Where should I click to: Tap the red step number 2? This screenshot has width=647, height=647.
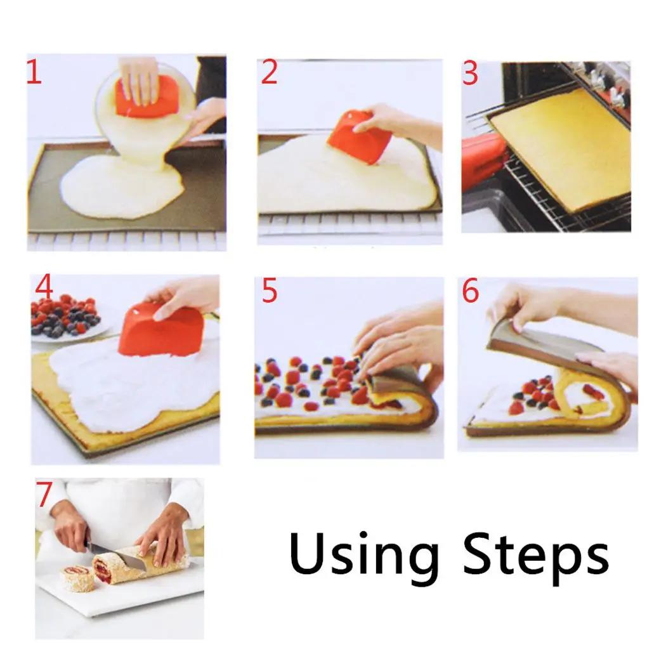tap(269, 73)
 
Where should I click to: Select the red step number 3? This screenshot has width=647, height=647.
tap(470, 74)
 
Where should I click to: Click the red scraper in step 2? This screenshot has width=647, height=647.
tap(358, 136)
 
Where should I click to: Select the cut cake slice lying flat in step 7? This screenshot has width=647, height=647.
tap(77, 578)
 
